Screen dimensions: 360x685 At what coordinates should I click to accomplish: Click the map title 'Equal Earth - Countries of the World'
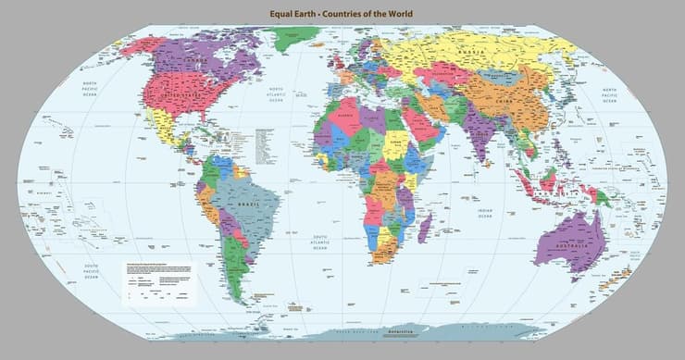(342, 14)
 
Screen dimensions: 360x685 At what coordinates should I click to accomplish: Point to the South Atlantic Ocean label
(319, 242)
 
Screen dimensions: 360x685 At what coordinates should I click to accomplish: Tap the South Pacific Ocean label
(92, 268)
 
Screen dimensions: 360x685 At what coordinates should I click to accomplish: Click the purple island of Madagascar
(424, 227)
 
